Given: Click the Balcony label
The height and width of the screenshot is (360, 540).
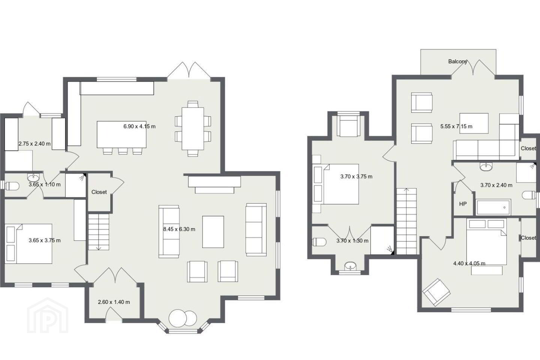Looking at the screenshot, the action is click(x=457, y=61).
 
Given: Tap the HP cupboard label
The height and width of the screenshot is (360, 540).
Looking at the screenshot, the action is click(x=463, y=204).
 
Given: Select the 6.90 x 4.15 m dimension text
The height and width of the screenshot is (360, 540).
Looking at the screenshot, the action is click(x=139, y=126).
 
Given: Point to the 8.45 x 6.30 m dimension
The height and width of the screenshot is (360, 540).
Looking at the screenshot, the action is click(x=179, y=229).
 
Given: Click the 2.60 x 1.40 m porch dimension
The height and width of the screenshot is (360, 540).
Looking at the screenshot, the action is click(x=114, y=302).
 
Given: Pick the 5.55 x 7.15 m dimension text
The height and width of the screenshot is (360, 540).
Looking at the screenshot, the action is click(x=456, y=126).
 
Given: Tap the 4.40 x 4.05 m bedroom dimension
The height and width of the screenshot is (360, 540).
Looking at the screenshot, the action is click(x=469, y=263).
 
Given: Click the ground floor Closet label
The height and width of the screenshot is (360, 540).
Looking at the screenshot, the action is click(x=99, y=192).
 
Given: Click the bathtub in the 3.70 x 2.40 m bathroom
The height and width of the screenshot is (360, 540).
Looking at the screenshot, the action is click(x=493, y=207).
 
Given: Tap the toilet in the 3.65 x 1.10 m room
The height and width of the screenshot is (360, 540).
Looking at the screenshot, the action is click(x=12, y=186).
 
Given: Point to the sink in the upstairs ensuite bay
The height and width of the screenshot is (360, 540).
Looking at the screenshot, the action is click(x=351, y=267).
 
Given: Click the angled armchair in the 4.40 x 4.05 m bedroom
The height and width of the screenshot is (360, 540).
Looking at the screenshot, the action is click(x=436, y=292).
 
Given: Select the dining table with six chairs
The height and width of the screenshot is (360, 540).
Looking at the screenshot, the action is click(x=193, y=129).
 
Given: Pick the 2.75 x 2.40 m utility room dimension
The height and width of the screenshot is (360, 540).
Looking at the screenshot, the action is click(x=35, y=144).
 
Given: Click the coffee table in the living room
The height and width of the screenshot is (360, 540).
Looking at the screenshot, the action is click(x=213, y=232).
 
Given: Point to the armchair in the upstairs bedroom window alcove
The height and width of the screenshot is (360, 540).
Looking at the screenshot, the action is click(x=349, y=126).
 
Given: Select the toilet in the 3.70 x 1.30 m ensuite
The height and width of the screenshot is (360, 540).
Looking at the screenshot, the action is click(x=319, y=242).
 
